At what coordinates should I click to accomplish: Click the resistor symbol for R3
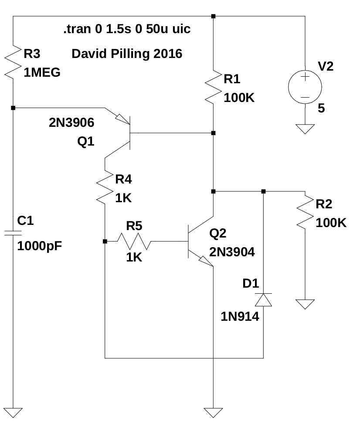coord(13,61)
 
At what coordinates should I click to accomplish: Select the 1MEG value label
coord(42,73)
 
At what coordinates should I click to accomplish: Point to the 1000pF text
coord(39,246)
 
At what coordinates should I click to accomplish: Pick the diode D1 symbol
coord(263,300)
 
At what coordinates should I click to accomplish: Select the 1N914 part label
coord(240,317)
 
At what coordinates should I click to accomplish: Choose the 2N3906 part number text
coord(71,123)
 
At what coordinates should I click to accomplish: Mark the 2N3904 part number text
coord(232,251)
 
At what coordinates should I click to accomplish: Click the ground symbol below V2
coord(305,129)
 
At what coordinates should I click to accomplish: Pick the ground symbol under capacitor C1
coord(13,412)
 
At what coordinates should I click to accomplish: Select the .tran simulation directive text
coord(126,30)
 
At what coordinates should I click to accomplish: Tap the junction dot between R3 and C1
coord(13,107)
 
